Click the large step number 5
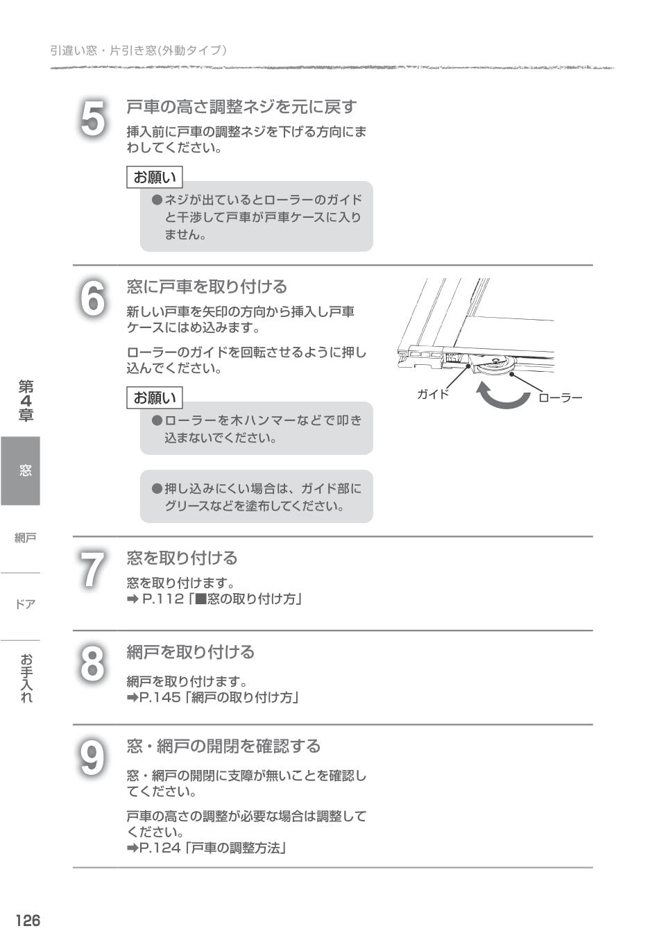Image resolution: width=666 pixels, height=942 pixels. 93,119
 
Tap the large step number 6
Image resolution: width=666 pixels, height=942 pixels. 93,299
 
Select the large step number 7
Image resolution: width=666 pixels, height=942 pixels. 92,570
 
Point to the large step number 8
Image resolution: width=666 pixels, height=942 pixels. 92,664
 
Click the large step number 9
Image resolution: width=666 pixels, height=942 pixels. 92,757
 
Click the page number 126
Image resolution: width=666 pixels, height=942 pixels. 28,920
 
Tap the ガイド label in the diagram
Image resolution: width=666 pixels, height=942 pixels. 432,394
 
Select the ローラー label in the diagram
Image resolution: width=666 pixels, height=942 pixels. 560,397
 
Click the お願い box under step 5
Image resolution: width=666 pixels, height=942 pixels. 155,177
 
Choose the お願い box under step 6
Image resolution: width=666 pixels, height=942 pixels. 155,397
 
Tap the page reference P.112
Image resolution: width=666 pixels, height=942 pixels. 162,599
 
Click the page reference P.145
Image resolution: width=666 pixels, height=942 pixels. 160,697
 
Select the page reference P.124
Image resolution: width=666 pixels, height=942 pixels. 160,848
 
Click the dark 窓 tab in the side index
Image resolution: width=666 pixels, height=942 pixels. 21,470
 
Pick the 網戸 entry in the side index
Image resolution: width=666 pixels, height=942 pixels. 25,538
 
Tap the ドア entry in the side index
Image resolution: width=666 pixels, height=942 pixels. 25,604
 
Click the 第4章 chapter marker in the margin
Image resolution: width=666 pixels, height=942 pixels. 26,401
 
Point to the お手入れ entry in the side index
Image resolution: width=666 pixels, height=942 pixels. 26,678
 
